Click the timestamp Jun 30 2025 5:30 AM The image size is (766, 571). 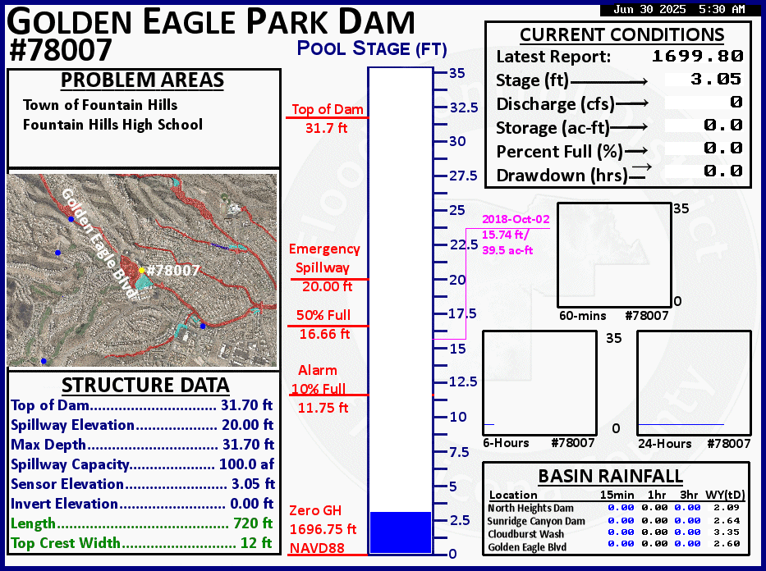[x=680, y=9]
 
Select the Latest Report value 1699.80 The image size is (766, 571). [x=698, y=56]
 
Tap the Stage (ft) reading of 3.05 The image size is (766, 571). [x=716, y=79]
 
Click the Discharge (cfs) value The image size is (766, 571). [x=736, y=102]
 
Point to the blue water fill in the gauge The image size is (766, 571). [x=401, y=532]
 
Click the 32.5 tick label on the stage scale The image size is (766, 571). [x=464, y=107]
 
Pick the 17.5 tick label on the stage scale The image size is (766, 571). [x=462, y=313]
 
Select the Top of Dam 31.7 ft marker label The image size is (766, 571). [x=328, y=119]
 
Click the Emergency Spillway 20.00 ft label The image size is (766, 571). [x=325, y=267]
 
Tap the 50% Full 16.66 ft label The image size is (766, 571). [x=324, y=325]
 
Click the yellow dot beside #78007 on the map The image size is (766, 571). [x=142, y=270]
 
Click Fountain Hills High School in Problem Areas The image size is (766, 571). [x=112, y=125]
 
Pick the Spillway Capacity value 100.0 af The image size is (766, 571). [x=246, y=464]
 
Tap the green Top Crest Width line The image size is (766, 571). [x=142, y=542]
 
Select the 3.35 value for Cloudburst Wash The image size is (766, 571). [x=727, y=532]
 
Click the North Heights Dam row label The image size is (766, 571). [x=530, y=508]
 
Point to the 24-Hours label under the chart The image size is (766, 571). [x=665, y=444]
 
